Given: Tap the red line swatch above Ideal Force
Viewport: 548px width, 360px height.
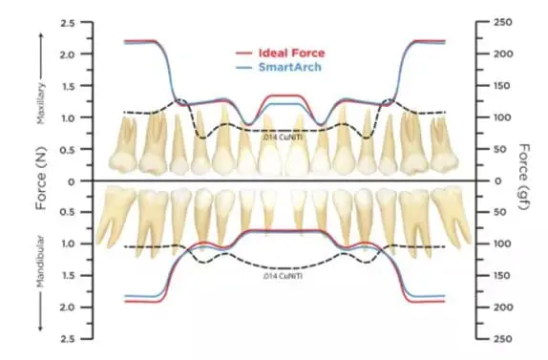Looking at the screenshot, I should (x=244, y=55).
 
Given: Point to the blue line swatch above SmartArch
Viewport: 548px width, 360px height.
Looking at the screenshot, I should (x=244, y=70).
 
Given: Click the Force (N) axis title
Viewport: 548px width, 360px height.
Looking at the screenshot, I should (x=41, y=181).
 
